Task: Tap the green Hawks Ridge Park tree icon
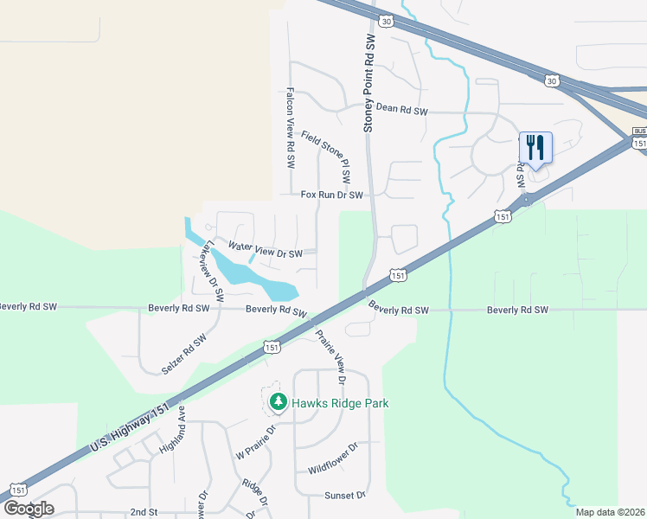pyautogui.click(x=278, y=402)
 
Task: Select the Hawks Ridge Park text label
pyautogui.click(x=340, y=403)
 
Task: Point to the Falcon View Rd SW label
pyautogui.click(x=291, y=128)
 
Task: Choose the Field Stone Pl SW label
pyautogui.click(x=326, y=156)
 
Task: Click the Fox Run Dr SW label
pyautogui.click(x=331, y=195)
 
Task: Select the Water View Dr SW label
pyautogui.click(x=266, y=253)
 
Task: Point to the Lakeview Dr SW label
pyautogui.click(x=208, y=270)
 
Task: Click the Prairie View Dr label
pyautogui.click(x=330, y=357)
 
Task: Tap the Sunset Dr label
pyautogui.click(x=346, y=496)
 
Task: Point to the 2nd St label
pyautogui.click(x=140, y=513)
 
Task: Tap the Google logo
pyautogui.click(x=29, y=508)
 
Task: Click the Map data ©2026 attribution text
pyautogui.click(x=610, y=512)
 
